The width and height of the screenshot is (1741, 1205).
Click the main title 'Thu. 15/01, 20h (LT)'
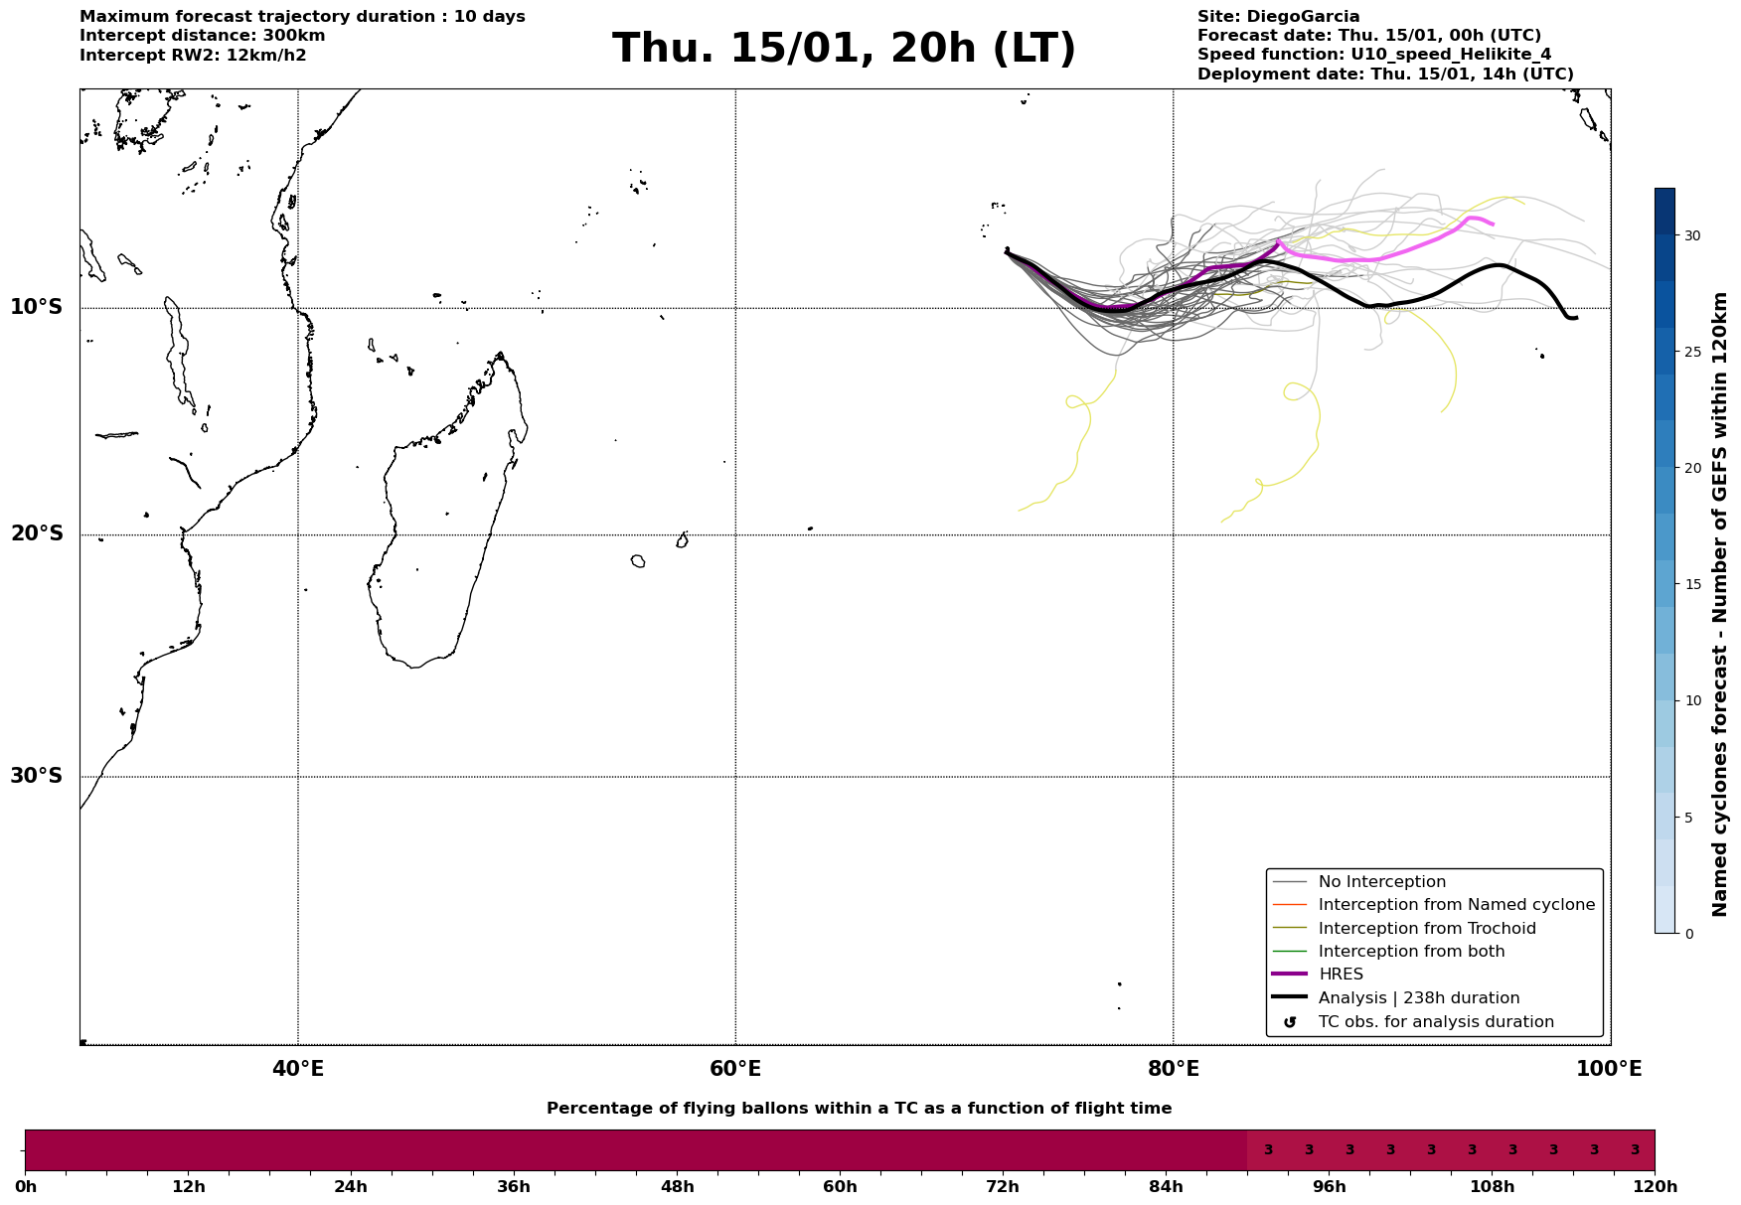pyautogui.click(x=844, y=49)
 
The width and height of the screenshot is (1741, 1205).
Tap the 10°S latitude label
pyautogui.click(x=37, y=307)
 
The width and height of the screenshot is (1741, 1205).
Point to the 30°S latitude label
pyautogui.click(x=37, y=776)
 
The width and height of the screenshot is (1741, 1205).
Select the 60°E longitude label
pyautogui.click(x=735, y=1069)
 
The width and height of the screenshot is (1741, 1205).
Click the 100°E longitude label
pyautogui.click(x=1609, y=1069)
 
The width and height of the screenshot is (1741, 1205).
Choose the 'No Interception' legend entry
pyautogui.click(x=1381, y=882)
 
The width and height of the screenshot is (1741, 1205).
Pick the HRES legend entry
pyautogui.click(x=1341, y=975)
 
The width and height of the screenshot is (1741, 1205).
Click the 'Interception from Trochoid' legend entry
pyautogui.click(x=1426, y=929)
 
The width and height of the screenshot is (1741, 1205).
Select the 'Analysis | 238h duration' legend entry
pyautogui.click(x=1418, y=998)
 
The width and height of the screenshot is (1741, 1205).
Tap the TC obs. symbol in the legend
pyautogui.click(x=1290, y=1022)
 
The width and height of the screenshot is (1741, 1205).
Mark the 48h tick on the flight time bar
pyautogui.click(x=677, y=1187)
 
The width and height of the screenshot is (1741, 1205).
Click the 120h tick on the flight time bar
pyautogui.click(x=1655, y=1187)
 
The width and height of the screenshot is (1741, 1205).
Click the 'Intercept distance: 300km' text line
pyautogui.click(x=202, y=36)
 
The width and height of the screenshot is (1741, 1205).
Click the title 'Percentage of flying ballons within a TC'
pyautogui.click(x=859, y=1109)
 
